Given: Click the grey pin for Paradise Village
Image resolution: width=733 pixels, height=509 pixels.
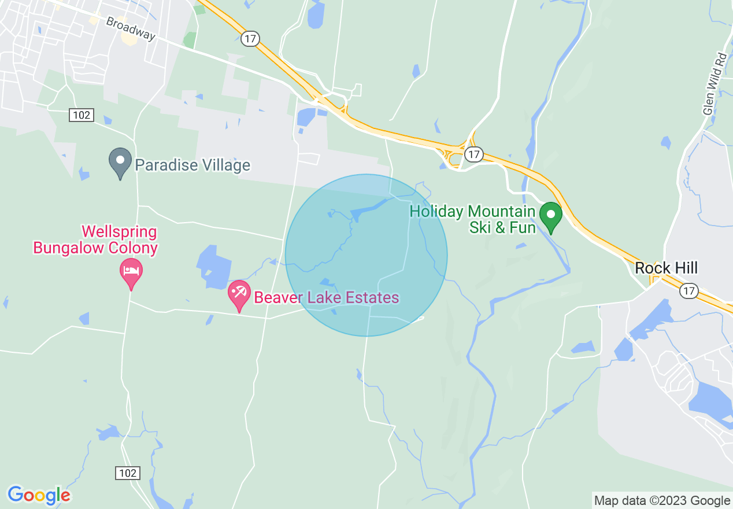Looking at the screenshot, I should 120,163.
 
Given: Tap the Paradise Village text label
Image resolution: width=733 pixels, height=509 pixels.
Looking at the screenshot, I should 192,165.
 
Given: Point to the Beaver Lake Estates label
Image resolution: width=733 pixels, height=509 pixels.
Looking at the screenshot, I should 327,298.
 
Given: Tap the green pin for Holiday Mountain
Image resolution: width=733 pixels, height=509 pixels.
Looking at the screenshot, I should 550,215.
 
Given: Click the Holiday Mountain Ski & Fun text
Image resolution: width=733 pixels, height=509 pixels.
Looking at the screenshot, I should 472,219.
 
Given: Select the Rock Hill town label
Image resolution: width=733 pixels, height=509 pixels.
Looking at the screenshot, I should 666,268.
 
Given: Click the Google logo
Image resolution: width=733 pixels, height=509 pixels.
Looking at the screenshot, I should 39,495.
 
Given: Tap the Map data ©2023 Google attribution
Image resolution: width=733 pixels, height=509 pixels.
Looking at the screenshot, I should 662,501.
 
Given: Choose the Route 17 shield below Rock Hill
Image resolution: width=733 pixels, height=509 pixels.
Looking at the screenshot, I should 688,291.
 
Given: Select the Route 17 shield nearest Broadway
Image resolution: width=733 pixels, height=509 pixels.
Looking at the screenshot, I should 250,39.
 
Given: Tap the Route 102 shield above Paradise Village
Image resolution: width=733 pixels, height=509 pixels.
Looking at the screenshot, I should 82,115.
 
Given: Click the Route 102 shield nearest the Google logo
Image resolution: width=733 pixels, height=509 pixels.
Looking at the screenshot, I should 127,473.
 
